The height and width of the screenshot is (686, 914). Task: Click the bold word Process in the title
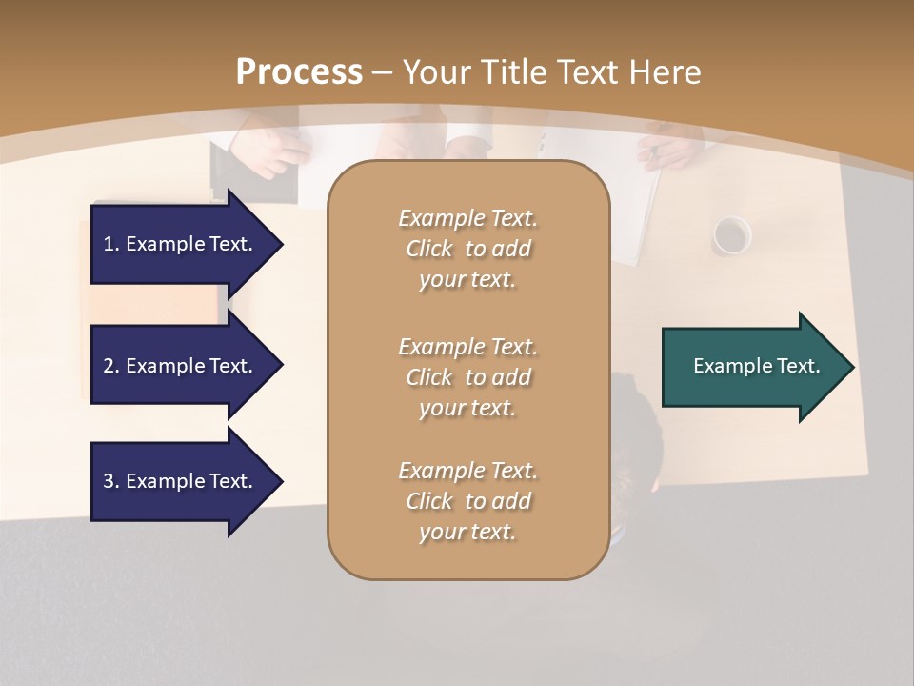point(299,72)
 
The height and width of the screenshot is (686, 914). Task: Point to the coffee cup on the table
point(731,234)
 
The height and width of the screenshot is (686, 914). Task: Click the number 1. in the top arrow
point(111,244)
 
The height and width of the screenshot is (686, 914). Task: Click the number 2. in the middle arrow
point(111,366)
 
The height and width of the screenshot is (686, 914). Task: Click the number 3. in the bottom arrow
point(111,481)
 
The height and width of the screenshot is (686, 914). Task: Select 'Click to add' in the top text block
point(467,250)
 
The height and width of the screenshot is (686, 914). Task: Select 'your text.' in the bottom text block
point(467,532)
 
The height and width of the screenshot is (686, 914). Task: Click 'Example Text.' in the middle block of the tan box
point(467,347)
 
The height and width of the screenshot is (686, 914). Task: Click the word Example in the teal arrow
point(725,366)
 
